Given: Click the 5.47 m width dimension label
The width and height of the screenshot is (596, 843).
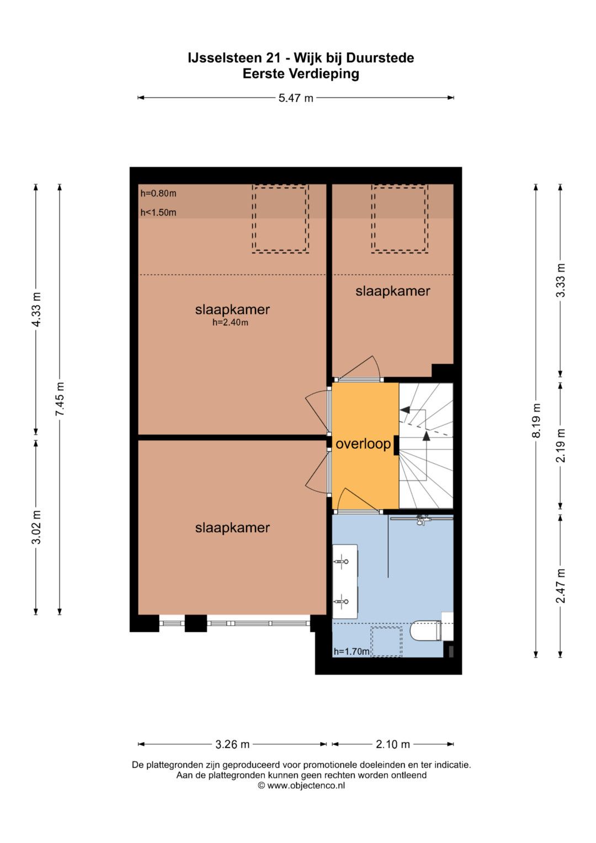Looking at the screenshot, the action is tap(296, 98).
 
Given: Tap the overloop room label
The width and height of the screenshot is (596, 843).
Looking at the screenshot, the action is tap(363, 444).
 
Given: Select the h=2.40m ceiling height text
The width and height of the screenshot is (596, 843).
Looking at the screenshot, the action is tap(230, 322).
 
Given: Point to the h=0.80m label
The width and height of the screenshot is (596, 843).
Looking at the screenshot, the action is tap(158, 193).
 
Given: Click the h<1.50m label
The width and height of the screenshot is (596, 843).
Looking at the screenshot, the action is tap(158, 212).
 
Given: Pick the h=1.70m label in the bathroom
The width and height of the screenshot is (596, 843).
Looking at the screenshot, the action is tap(352, 651).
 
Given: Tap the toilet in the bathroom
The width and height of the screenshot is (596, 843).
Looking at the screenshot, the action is tap(428, 630).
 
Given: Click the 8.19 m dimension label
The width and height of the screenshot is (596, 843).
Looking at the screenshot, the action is tap(536, 421).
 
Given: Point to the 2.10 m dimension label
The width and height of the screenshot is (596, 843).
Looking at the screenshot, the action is tap(393, 744).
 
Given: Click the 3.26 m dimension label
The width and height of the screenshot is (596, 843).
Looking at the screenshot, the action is tap(232, 744).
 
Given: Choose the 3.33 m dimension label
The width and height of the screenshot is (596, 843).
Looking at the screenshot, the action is tap(561, 280).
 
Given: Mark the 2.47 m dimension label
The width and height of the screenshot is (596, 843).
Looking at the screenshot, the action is tap(561, 586).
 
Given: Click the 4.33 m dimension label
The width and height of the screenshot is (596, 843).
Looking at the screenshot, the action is tap(36, 310).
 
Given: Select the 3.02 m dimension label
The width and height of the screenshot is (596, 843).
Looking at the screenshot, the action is tap(36, 527).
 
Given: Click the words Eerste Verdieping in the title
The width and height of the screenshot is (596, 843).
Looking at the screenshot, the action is tap(301, 73).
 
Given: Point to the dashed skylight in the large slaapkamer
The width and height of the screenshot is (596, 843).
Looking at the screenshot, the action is tap(280, 219).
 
